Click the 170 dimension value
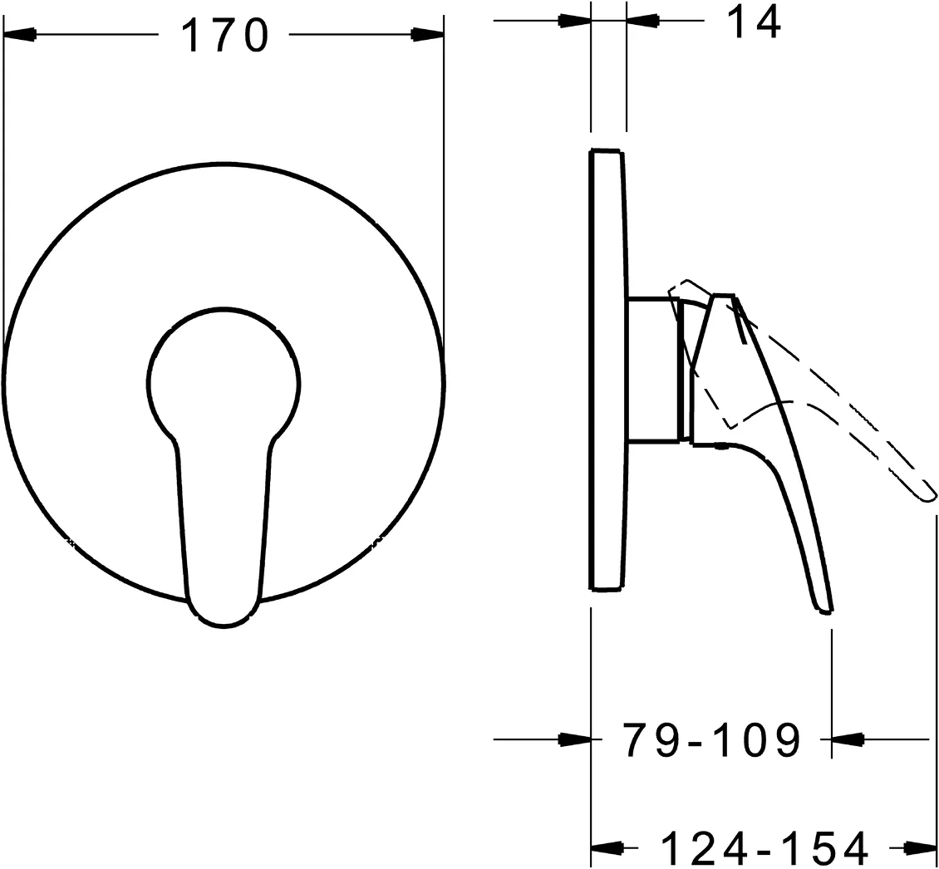click(224, 36)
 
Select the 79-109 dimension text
click(711, 739)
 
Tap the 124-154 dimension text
click(765, 848)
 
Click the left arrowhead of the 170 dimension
click(20, 34)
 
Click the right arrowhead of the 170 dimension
click(428, 34)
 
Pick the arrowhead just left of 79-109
click(575, 738)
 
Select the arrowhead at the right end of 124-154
click(921, 847)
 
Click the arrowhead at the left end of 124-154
click(607, 847)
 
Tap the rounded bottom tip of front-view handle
click(224, 619)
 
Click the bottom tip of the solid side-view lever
click(824, 610)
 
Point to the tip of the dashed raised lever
click(929, 496)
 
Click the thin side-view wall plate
click(607, 370)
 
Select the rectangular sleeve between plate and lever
click(653, 369)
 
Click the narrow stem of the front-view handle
click(224, 515)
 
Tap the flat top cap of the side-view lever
click(723, 296)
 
